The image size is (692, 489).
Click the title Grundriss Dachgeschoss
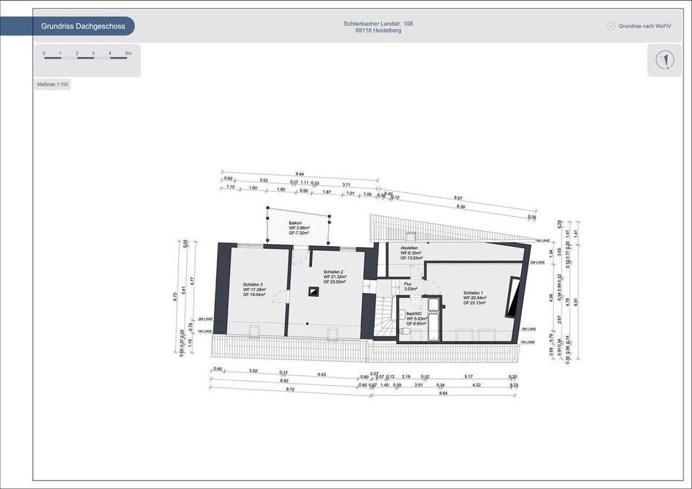point(83,27)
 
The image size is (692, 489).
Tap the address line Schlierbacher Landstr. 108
point(378,24)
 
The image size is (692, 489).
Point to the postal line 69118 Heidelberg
point(378,31)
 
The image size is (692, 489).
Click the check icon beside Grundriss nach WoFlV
point(611,26)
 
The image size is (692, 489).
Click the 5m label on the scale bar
point(128,53)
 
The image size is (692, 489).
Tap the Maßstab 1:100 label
point(53,85)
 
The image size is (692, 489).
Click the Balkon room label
point(296,223)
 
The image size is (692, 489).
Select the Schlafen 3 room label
point(253,284)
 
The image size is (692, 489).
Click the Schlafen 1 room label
point(474,293)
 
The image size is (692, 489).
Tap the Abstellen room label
point(409,248)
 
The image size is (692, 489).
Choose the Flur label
point(408,284)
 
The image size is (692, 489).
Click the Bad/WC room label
point(414,314)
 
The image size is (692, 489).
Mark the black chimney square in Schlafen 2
point(313,292)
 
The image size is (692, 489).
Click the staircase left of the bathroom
point(383,317)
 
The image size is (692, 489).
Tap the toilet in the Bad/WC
point(402,315)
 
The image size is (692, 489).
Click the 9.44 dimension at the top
point(299,174)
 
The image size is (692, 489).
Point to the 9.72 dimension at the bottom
point(290,389)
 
